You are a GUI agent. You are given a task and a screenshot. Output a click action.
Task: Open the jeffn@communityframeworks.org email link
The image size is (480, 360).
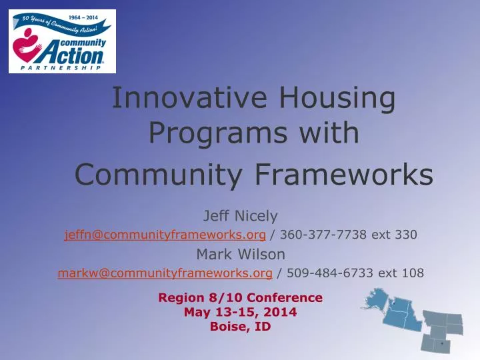pos(165,235)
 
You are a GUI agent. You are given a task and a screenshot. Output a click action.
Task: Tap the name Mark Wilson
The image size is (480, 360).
pos(240,254)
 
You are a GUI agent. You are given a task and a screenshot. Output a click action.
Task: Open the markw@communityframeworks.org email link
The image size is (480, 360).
pos(165,273)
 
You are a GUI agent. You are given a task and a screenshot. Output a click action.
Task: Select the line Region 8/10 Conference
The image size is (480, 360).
pos(240,297)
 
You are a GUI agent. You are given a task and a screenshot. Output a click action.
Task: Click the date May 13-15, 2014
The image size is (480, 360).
pos(240,311)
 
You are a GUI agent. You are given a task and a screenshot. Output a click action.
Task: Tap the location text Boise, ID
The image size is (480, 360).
pos(240,326)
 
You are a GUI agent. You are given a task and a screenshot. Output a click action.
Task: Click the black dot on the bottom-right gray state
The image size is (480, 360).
pos(442,344)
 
